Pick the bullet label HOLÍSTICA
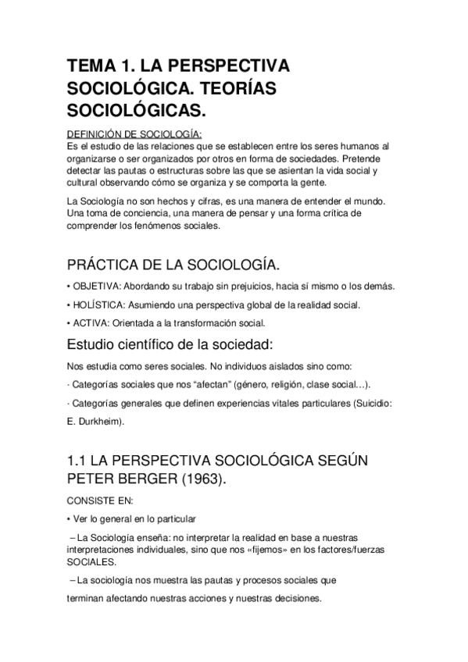tap(98, 304)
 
